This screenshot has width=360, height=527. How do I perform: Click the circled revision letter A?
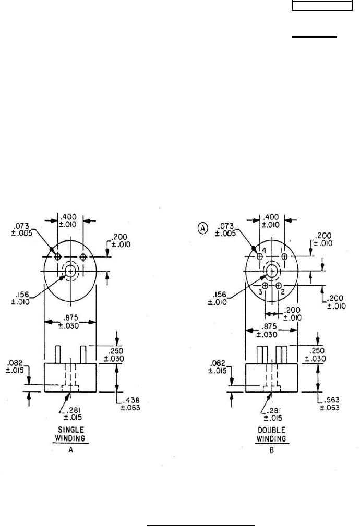(x=202, y=228)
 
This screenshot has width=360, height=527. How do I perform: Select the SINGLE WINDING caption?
(x=70, y=434)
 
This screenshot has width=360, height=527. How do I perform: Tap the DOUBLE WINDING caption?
(x=271, y=434)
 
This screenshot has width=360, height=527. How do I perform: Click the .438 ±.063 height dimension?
(x=130, y=403)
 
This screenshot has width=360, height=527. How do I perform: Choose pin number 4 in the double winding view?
(x=264, y=250)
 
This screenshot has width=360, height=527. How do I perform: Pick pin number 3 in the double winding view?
(x=260, y=292)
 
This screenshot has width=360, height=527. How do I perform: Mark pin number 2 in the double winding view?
(x=283, y=292)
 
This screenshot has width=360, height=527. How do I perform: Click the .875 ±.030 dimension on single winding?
(x=69, y=322)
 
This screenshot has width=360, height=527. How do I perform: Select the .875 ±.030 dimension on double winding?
(x=267, y=330)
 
